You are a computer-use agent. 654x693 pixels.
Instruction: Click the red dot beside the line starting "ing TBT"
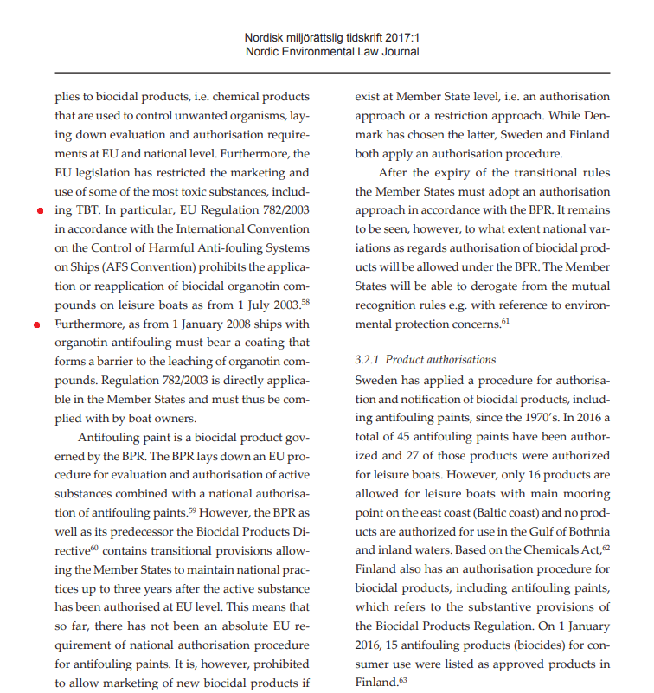click(41, 211)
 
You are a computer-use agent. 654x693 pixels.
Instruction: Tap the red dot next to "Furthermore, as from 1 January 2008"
click(36, 325)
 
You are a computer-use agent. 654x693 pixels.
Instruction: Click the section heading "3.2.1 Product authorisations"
click(426, 359)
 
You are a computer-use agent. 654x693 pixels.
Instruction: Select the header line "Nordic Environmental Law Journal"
click(332, 52)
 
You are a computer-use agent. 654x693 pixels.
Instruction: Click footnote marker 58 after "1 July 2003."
click(305, 301)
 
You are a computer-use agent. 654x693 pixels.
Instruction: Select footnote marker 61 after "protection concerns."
click(504, 321)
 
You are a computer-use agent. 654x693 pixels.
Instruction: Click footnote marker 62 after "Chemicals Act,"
click(606, 548)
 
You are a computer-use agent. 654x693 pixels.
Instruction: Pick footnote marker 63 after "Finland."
click(402, 679)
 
